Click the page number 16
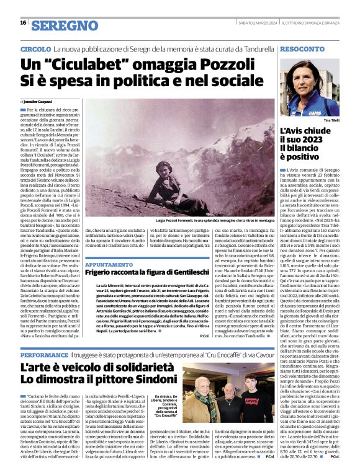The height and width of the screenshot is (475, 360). (23, 23)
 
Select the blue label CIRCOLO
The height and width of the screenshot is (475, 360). (35, 48)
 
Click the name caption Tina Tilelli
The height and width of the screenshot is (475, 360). (331, 120)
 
